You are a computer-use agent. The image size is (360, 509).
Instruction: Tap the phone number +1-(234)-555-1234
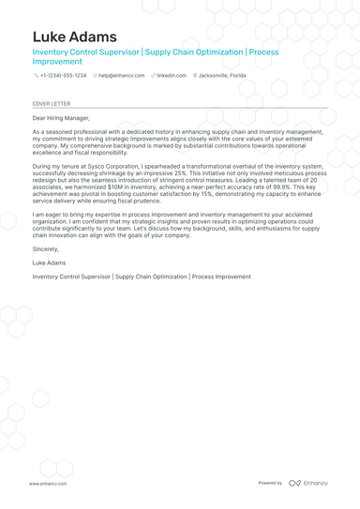point(63,75)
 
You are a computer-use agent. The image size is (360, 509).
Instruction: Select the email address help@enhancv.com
point(122,75)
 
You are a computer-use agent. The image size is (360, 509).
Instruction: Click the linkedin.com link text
point(172,75)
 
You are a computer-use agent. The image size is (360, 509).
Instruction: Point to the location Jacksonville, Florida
point(222,75)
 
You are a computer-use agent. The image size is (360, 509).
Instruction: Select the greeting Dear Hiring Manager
point(61,118)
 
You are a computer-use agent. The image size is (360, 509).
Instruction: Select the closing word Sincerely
point(45,250)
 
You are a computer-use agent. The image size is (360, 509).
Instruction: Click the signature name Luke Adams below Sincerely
point(49,264)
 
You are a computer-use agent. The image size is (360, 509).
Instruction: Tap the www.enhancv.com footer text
point(46,483)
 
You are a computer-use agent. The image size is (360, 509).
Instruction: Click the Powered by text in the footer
point(270,483)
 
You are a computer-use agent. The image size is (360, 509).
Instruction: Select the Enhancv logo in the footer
point(308,483)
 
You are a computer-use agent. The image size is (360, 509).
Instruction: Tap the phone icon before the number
point(36,75)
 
